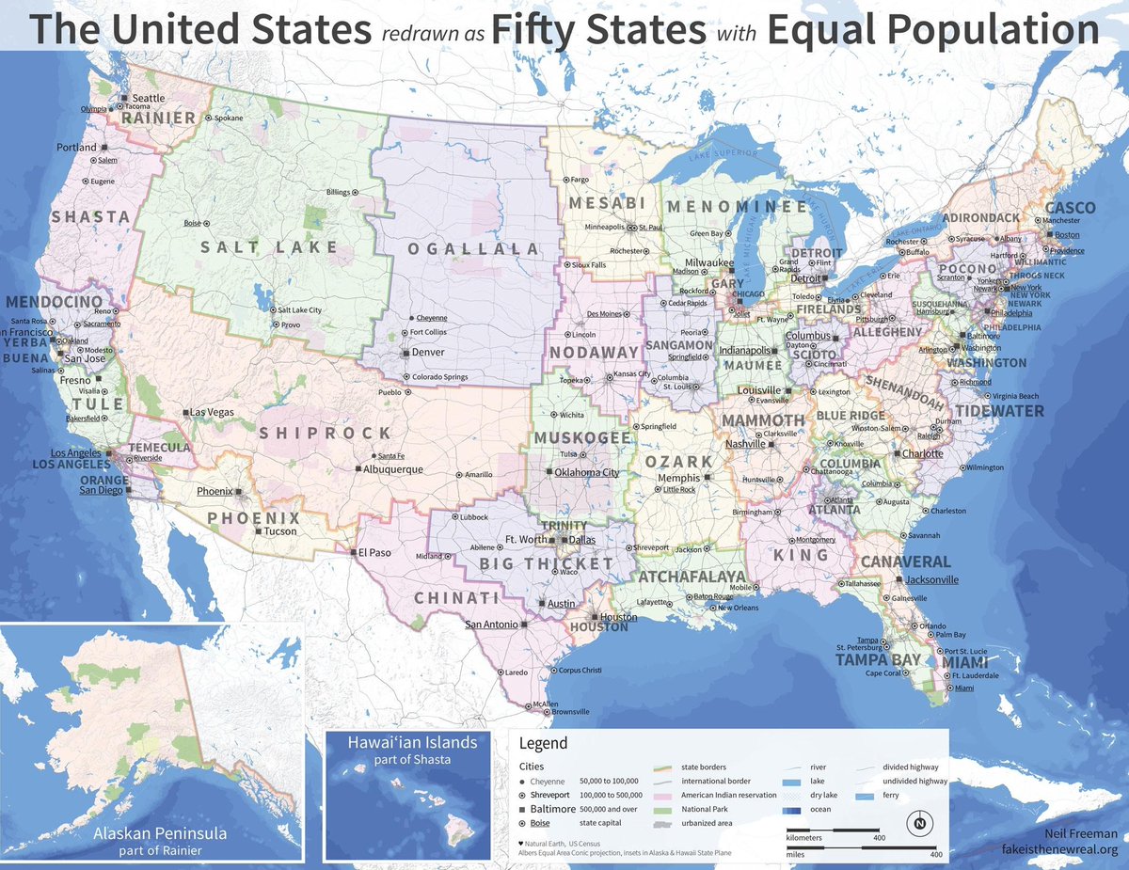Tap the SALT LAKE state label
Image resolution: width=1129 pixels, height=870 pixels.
click(x=268, y=247)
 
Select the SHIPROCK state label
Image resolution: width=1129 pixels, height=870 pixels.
click(x=325, y=433)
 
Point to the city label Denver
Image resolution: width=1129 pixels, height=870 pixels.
click(x=428, y=352)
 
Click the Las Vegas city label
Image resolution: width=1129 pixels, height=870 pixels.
click(x=212, y=413)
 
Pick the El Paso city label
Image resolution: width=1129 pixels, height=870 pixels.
click(x=374, y=552)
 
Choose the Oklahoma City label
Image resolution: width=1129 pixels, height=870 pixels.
click(x=586, y=472)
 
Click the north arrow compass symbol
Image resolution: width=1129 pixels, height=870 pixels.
click(x=917, y=824)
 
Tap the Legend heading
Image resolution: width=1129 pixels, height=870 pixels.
click(x=544, y=743)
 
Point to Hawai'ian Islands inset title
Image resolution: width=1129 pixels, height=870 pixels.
click(x=412, y=743)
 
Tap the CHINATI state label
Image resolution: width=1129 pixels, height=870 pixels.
click(x=455, y=598)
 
